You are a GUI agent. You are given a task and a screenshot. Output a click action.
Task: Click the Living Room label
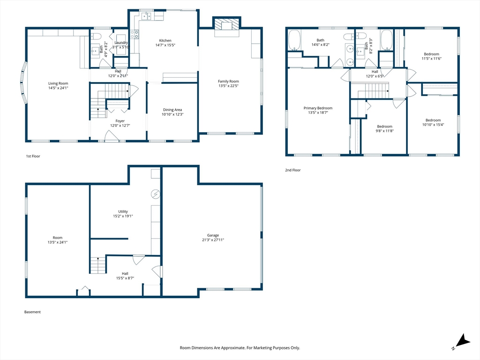click(58, 83)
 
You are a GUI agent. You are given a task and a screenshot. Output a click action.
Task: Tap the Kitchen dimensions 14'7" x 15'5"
click(165, 45)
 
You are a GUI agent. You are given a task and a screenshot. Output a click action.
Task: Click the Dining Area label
click(172, 110)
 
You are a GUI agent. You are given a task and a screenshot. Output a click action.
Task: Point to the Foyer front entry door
click(112, 136)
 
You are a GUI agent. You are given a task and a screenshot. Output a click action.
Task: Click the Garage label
click(213, 235)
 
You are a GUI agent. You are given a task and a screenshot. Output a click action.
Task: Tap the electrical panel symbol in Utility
click(156, 194)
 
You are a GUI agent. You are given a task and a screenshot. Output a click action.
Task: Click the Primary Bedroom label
click(318, 108)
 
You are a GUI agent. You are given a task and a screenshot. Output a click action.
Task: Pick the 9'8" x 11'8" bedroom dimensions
click(385, 131)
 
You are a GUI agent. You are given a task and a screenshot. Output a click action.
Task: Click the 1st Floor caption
click(33, 156)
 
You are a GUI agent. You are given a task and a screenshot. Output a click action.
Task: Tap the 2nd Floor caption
click(293, 170)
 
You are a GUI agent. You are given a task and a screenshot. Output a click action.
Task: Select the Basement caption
click(32, 312)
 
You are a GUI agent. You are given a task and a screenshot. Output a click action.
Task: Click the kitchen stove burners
click(135, 34)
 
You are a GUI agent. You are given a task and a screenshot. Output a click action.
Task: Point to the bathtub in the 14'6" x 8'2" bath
click(294, 40)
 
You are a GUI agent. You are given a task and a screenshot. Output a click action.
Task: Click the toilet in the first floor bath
click(96, 37)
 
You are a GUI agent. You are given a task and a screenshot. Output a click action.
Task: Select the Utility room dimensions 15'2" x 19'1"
click(123, 216)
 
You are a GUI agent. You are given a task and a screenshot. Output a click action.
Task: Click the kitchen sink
click(146, 16)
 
